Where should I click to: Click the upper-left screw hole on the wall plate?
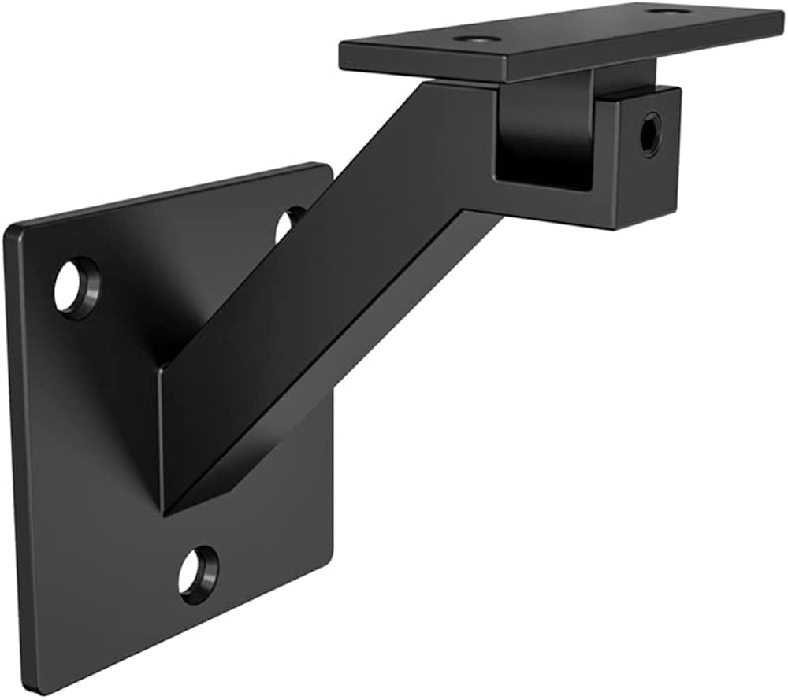76,287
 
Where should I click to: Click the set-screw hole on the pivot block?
651,133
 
